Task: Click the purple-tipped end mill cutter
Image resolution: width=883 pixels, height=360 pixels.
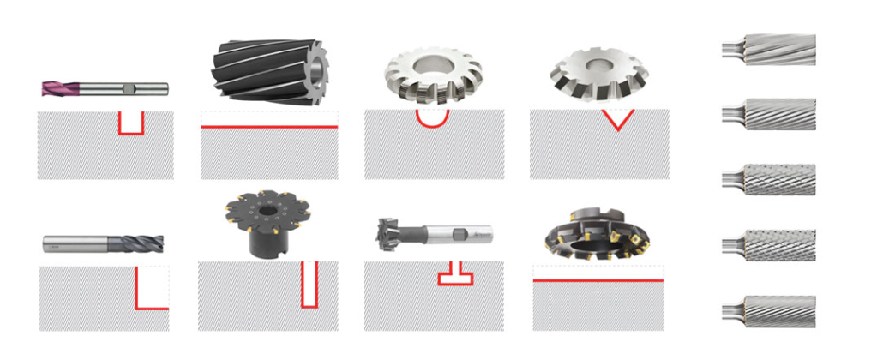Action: [x=103, y=87]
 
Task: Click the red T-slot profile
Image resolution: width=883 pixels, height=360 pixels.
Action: [x=455, y=275]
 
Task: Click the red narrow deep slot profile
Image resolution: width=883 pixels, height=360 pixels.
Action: [x=309, y=283]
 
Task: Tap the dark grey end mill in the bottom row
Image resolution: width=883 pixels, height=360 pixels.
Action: [x=102, y=244]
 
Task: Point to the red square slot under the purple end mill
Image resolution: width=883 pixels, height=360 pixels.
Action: [x=131, y=125]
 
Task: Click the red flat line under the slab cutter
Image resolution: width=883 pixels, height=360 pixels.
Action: [x=269, y=127]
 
